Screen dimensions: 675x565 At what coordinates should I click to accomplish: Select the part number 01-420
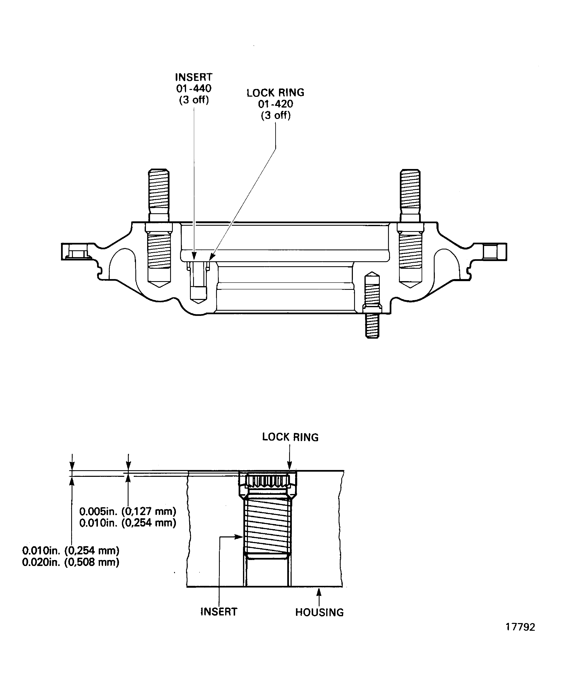276,104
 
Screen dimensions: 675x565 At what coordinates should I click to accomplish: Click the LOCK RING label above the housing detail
290,437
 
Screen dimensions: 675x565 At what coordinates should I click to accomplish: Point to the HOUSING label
319,612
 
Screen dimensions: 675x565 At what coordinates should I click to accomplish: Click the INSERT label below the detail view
219,612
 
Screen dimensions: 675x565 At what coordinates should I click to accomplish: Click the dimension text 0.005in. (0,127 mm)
128,511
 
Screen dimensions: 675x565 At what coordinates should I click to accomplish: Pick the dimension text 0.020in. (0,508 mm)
71,562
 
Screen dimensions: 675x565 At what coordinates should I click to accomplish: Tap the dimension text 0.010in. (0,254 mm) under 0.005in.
128,523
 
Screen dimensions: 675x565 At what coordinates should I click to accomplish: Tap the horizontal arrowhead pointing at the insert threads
239,537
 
